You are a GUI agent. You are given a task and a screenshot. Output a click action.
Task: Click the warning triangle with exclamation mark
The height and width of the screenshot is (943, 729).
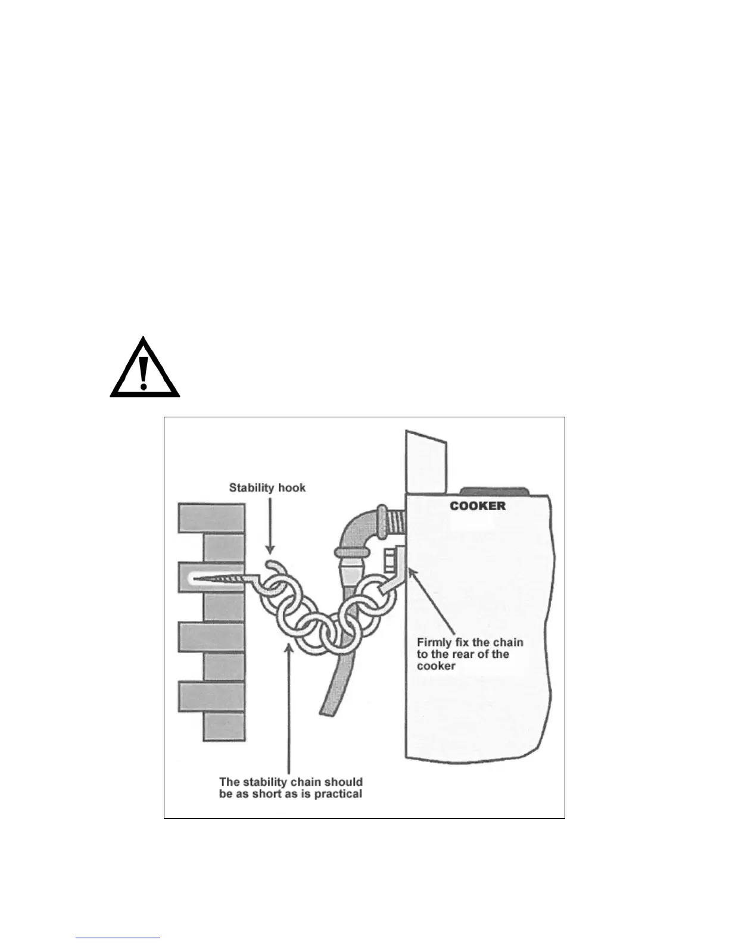tap(144, 369)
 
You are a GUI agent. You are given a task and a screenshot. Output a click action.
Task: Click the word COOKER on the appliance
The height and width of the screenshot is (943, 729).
tap(478, 506)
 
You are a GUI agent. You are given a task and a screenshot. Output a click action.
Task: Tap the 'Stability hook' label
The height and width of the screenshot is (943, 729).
tap(267, 488)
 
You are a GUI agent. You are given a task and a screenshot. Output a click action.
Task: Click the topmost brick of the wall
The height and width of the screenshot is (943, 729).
tap(211, 518)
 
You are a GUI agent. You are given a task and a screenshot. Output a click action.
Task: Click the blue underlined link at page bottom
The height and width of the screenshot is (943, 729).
tap(118, 938)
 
